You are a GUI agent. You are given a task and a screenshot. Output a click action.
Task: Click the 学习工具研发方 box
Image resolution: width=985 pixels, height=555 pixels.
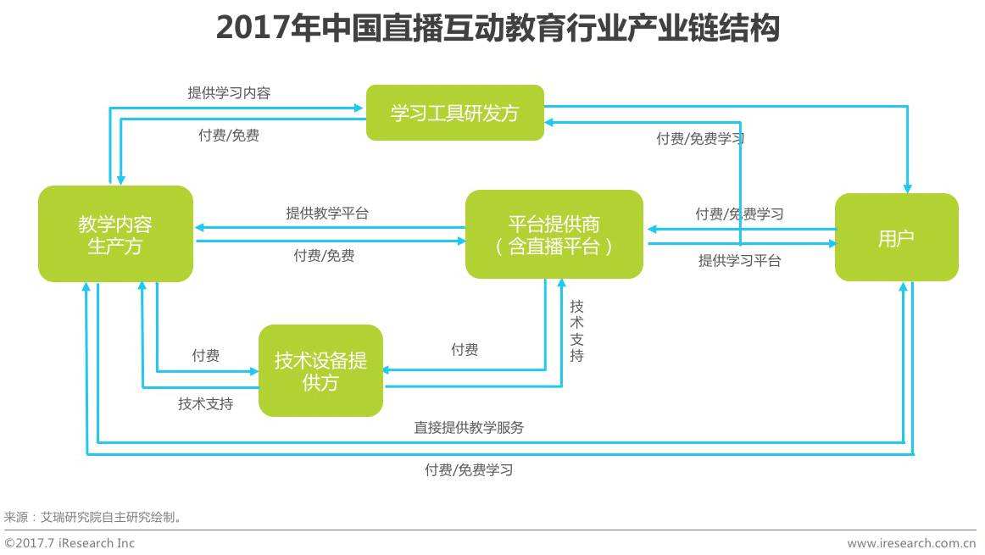[x=454, y=113]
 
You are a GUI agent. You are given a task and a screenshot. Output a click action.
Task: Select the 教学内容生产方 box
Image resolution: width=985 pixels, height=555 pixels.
[x=115, y=234]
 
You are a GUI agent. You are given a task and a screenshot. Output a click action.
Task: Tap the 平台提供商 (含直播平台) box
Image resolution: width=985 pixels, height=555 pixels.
[x=554, y=234]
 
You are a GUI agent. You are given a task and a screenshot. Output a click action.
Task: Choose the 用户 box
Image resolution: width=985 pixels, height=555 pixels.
[x=896, y=237]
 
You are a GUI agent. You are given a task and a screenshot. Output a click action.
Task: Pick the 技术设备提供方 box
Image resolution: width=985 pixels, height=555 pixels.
[x=320, y=370]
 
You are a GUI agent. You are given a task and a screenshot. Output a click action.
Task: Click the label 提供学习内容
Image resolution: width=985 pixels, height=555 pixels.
[x=229, y=93]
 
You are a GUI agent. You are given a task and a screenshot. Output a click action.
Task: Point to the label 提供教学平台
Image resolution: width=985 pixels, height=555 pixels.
[x=327, y=214]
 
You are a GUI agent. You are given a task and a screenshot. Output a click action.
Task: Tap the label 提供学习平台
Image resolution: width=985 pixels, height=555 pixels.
[x=739, y=261]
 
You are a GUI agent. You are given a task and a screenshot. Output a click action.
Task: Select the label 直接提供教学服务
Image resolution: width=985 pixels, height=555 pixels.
[x=469, y=428]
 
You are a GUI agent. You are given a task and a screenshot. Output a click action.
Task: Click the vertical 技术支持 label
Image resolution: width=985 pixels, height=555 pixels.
[x=576, y=330]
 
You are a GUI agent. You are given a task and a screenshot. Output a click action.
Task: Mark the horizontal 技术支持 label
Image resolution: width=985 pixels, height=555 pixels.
[x=205, y=404]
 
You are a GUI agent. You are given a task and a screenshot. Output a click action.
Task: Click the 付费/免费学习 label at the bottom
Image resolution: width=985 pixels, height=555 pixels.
[x=469, y=469]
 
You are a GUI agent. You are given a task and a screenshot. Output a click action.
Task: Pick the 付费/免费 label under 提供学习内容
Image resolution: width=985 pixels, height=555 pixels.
[x=229, y=136]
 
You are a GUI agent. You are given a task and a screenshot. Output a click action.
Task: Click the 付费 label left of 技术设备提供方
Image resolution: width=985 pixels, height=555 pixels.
[x=206, y=356]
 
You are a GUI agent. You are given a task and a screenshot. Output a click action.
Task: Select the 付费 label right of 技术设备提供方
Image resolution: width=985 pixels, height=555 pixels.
[x=465, y=350]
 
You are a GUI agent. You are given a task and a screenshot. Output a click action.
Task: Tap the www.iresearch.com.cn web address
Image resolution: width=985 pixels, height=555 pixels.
[x=911, y=543]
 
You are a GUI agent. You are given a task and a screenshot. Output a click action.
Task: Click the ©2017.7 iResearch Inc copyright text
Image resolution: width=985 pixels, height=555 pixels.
[x=70, y=543]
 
